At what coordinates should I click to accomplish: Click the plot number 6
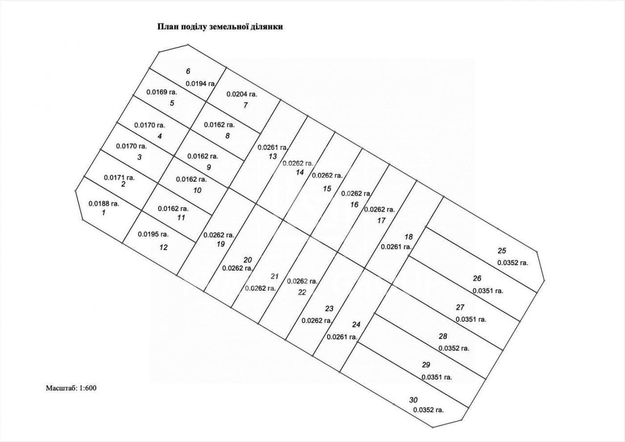[x=188, y=71]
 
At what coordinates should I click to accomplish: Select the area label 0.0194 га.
[x=200, y=83]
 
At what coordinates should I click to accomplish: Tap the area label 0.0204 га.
[x=242, y=94]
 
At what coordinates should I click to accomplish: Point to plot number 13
[x=273, y=157]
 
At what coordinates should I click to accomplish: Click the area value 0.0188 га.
[x=104, y=204]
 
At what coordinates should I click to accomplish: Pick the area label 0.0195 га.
[x=153, y=234]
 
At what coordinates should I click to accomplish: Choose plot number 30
[x=413, y=400]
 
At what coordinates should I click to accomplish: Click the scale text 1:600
[x=88, y=388]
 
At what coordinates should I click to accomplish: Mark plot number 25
[x=502, y=251]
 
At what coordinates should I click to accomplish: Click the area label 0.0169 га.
[x=162, y=92]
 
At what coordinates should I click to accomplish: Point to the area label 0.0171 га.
[x=119, y=178]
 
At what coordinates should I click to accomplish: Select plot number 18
[x=408, y=237]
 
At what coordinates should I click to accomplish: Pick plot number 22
[x=302, y=292]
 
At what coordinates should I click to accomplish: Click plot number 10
[x=197, y=191]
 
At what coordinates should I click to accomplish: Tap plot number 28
[x=443, y=336]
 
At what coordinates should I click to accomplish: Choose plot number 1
[x=104, y=213]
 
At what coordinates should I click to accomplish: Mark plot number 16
[x=354, y=205]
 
